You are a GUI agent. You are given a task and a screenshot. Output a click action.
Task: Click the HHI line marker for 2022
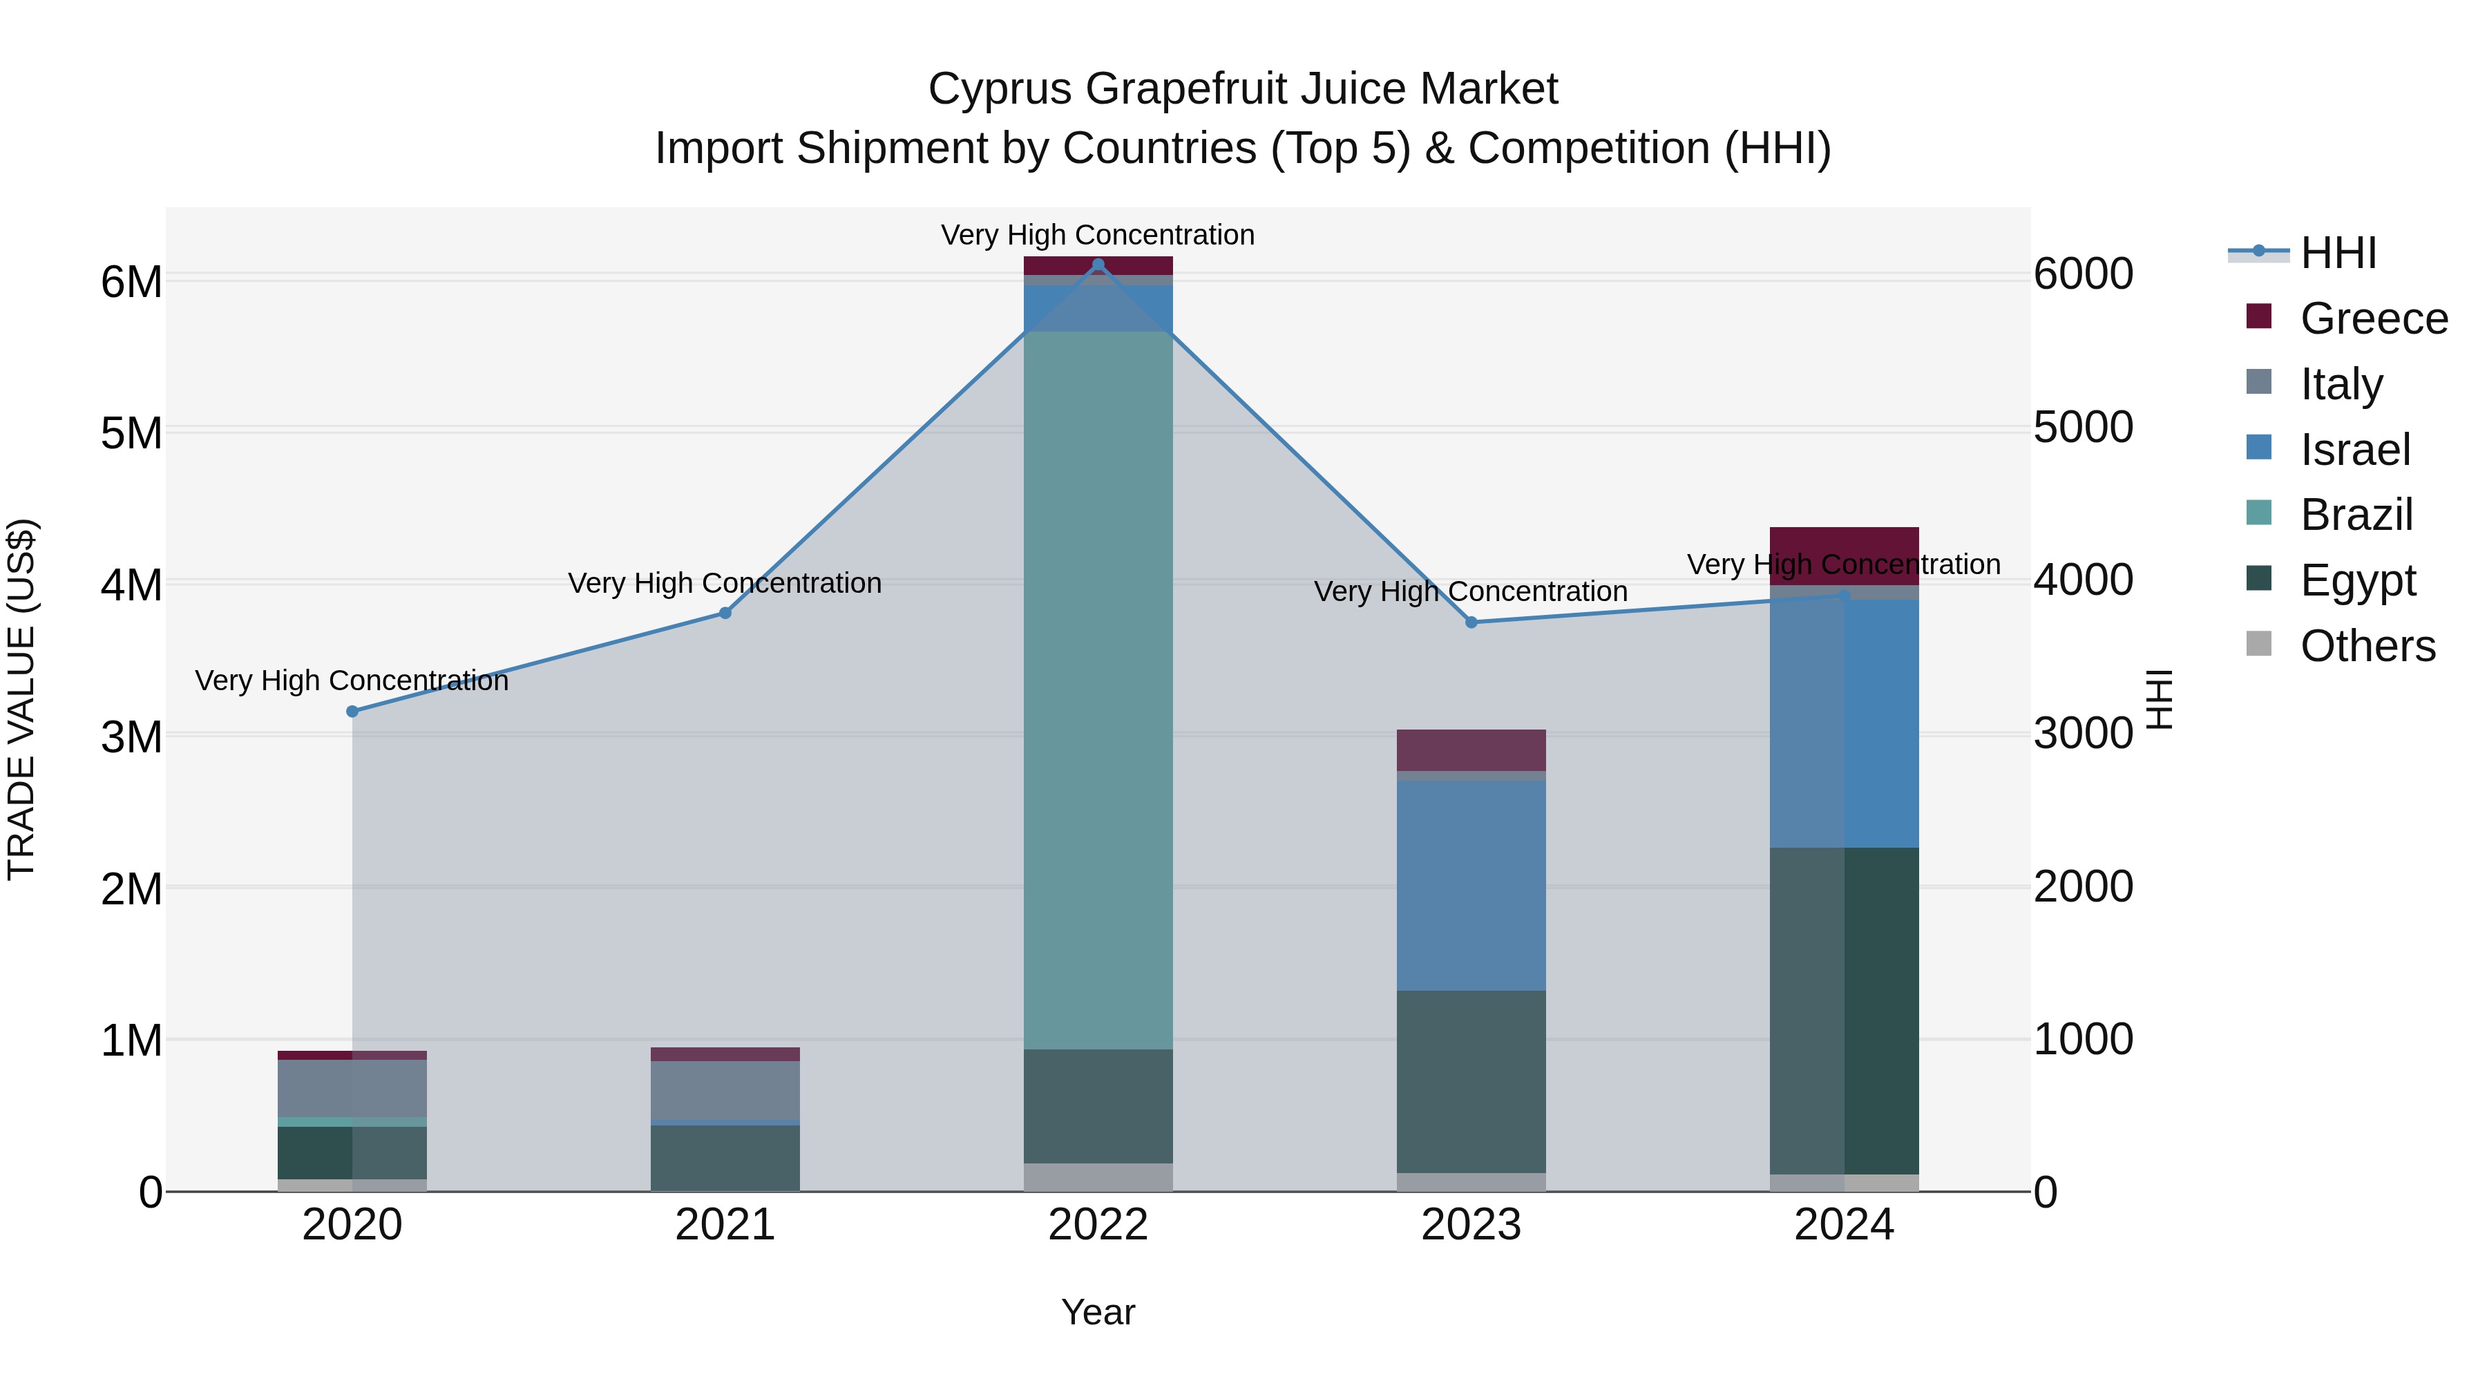[1098, 265]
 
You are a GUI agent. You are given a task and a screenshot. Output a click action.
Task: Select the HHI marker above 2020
[352, 712]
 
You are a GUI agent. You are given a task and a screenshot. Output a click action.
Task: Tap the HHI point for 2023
[1471, 622]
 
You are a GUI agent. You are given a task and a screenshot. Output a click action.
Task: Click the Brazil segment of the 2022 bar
[1098, 690]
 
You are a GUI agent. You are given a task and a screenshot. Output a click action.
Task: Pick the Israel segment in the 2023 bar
[1471, 886]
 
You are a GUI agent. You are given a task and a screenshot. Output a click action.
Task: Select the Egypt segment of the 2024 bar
[1844, 1011]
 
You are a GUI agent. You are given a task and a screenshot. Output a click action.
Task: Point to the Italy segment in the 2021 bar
[725, 1090]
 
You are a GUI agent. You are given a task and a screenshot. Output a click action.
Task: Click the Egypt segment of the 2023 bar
[1471, 1081]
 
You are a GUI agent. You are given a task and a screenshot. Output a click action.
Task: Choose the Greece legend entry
[2373, 318]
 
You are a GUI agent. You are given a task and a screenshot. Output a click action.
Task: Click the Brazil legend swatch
[2259, 513]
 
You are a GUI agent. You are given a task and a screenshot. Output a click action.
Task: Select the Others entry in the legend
[2367, 646]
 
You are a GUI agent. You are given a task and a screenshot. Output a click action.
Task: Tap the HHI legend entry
[2337, 253]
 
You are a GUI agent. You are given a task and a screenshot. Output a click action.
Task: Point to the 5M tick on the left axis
[131, 433]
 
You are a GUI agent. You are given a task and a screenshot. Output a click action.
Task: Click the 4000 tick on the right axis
[2082, 580]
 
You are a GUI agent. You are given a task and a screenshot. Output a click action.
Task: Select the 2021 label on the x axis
[725, 1225]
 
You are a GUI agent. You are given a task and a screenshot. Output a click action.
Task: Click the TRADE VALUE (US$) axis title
[21, 699]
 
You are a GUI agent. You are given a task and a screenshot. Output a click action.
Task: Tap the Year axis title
[1098, 1312]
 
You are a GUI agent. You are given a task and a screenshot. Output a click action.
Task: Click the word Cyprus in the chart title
[999, 89]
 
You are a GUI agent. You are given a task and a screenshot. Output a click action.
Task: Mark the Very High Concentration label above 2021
[725, 583]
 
